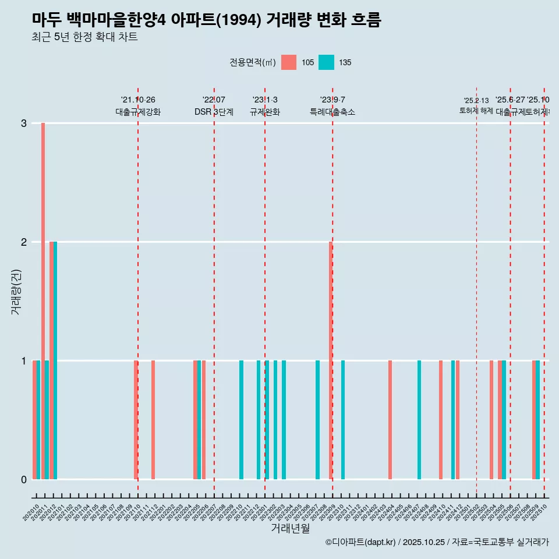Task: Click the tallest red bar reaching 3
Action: click(x=43, y=300)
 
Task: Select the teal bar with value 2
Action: click(x=55, y=360)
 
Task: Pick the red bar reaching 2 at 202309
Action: click(x=331, y=360)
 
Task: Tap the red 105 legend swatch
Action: click(x=289, y=62)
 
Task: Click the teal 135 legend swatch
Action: click(x=327, y=62)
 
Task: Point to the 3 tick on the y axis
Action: click(x=24, y=123)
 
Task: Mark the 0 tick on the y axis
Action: click(x=24, y=479)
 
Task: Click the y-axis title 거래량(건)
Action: click(x=16, y=292)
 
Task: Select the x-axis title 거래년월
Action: click(x=290, y=528)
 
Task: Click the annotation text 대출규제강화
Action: click(x=138, y=112)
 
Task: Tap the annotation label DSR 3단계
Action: click(x=214, y=112)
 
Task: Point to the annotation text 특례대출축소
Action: click(x=332, y=112)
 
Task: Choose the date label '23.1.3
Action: click(x=265, y=100)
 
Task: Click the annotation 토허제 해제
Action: click(x=476, y=111)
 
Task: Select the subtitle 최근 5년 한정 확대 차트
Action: click(x=85, y=37)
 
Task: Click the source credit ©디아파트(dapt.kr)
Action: click(x=360, y=542)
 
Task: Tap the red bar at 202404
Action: click(x=390, y=419)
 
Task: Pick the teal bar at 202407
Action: click(x=419, y=419)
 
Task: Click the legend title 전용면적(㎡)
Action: click(x=252, y=62)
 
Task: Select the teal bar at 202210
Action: click(x=242, y=419)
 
